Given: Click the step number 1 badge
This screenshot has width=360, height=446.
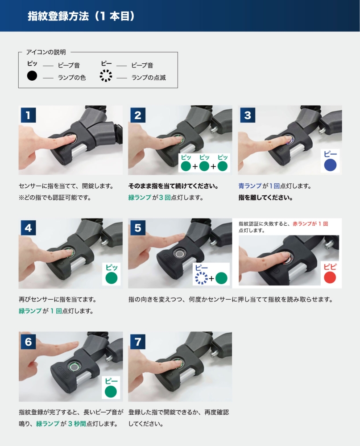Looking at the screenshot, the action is coord(28,115).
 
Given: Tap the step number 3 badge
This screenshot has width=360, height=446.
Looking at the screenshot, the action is coord(248,115).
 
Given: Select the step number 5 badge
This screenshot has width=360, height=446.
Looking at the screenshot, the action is coord(138,228).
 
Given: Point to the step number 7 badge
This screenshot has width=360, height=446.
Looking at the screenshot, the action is coord(138,341).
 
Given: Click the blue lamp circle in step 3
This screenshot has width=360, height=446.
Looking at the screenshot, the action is coord(330,165).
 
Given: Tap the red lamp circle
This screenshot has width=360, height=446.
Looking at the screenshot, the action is coord(330,277).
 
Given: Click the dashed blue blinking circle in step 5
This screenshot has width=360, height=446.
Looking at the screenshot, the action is coord(202,278).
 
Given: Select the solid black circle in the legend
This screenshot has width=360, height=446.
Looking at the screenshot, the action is coord(32,76).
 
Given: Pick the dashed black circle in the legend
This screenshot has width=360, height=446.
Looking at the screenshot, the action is coord(106,76).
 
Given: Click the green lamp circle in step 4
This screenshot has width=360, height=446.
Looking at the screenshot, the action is coord(111,278).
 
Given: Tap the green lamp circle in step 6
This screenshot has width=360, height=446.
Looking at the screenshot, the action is coord(111,392).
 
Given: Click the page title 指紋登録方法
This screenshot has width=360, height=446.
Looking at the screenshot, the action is coord(58,16).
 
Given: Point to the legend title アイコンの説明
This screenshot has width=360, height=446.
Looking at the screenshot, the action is coord(46,52).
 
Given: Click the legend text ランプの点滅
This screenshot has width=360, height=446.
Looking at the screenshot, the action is coord(149,78).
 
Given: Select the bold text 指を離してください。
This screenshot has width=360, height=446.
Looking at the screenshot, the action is coord(265,198).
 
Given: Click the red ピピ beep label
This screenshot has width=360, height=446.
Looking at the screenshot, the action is coord(330,267).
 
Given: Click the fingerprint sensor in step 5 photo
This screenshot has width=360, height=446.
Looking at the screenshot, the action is coord(180,253).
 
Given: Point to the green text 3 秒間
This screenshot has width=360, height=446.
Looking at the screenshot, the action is coord(77,424).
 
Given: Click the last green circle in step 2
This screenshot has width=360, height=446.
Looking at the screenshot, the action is coord(223,166).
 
